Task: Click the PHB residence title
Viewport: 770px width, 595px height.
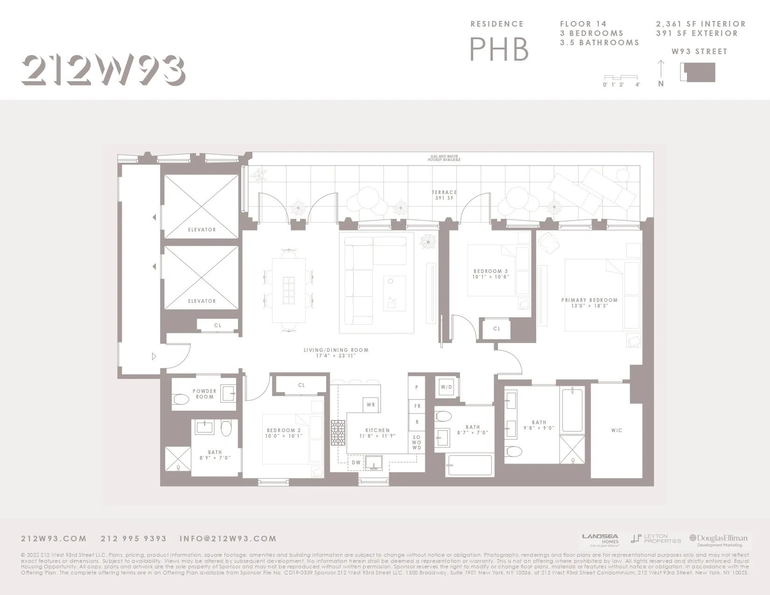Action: click(499, 49)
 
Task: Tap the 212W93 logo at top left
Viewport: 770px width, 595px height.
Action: click(103, 70)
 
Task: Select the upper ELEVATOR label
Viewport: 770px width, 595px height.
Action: click(202, 230)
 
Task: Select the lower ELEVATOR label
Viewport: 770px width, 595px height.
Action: click(202, 301)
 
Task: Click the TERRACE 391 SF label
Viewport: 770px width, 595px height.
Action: click(444, 195)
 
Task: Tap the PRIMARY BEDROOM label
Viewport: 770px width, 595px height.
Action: click(589, 303)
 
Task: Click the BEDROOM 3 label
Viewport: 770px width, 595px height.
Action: click(490, 274)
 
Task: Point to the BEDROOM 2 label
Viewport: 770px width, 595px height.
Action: click(284, 433)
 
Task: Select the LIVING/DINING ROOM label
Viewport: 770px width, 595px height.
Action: click(336, 353)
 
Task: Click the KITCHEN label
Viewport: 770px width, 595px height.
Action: click(378, 433)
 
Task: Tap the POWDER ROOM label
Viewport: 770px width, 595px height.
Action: click(204, 394)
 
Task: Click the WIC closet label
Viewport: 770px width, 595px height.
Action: click(616, 430)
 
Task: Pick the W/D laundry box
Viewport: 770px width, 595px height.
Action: click(447, 387)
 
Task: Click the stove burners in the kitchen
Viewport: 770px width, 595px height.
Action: click(338, 434)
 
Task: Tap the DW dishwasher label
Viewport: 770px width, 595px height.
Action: click(356, 462)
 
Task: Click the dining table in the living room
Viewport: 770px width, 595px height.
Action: click(289, 290)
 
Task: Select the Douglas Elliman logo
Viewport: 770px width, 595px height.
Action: click(719, 540)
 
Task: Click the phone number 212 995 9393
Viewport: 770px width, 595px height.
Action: click(133, 539)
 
